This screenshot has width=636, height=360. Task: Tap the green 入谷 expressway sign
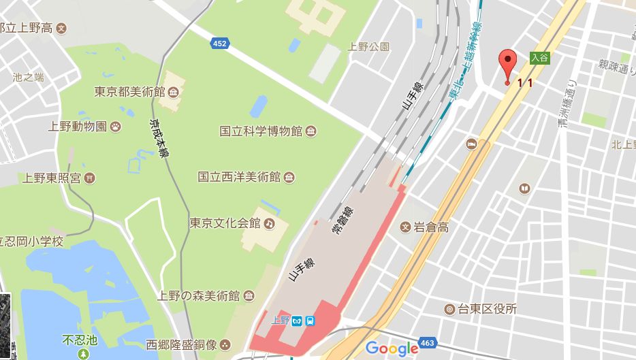click(x=539, y=59)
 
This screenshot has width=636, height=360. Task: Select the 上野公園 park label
click(x=368, y=47)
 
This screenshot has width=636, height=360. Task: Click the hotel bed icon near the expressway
click(x=471, y=144)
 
